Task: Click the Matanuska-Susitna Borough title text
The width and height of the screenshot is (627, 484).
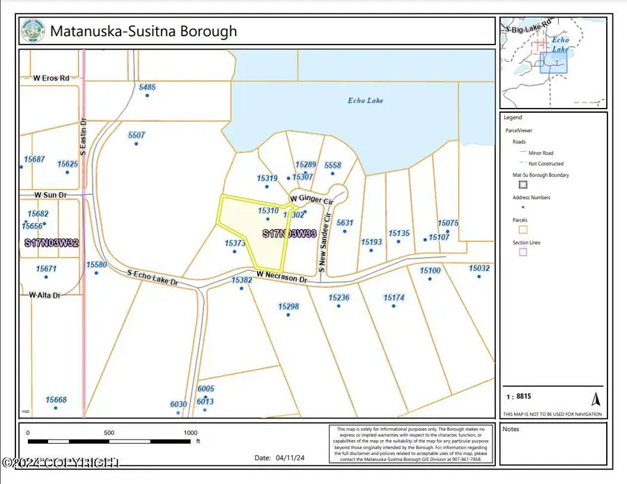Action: pyautogui.click(x=143, y=31)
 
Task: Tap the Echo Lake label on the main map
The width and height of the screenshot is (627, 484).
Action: pyautogui.click(x=366, y=100)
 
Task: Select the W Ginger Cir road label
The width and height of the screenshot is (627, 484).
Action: pyautogui.click(x=312, y=199)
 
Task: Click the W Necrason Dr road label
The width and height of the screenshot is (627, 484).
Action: pyautogui.click(x=281, y=276)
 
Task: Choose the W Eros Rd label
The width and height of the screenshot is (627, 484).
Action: pyautogui.click(x=45, y=78)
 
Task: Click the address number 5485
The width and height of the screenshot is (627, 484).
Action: pyautogui.click(x=147, y=87)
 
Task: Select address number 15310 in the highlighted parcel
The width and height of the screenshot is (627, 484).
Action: pyautogui.click(x=268, y=210)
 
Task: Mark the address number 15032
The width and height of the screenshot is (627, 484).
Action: pyautogui.click(x=479, y=268)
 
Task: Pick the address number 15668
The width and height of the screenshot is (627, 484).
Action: pyautogui.click(x=56, y=400)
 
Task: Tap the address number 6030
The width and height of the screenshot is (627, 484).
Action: pyautogui.click(x=178, y=404)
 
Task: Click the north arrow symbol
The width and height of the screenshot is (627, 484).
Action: pyautogui.click(x=596, y=399)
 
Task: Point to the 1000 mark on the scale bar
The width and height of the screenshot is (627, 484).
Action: pyautogui.click(x=190, y=432)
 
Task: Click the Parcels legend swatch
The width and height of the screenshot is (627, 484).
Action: pyautogui.click(x=522, y=228)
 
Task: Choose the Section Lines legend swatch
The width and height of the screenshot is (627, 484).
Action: pyautogui.click(x=522, y=252)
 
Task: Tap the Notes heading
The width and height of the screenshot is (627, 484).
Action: pyautogui.click(x=511, y=429)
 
